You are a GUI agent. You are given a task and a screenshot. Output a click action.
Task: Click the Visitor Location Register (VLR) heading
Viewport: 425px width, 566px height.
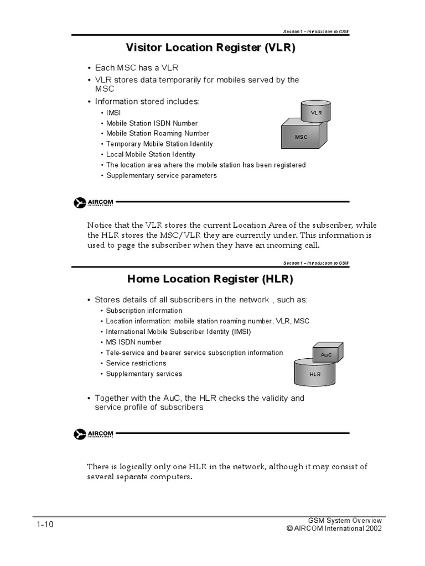(211, 48)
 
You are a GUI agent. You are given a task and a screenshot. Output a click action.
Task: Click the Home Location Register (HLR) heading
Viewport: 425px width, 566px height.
(211, 279)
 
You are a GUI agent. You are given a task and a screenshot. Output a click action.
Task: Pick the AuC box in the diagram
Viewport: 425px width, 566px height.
(326, 354)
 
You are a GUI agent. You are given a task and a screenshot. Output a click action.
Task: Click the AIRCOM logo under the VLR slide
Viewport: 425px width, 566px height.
(94, 203)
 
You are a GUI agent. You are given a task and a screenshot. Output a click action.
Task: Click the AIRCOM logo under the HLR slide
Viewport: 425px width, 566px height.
(94, 434)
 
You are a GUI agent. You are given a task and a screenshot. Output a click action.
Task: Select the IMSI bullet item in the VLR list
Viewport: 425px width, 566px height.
(113, 113)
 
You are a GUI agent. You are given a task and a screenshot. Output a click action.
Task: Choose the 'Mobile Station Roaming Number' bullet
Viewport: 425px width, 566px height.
(158, 134)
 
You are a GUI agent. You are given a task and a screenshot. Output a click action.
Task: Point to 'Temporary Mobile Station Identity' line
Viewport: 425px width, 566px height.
(159, 144)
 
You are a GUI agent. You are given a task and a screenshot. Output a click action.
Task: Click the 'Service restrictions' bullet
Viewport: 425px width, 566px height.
(136, 364)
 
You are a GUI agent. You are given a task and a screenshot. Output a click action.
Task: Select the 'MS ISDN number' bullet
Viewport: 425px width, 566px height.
(134, 343)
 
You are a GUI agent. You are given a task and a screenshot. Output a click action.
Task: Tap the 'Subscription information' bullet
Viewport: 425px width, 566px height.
(144, 311)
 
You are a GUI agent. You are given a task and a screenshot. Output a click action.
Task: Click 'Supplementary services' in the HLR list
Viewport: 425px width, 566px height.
(144, 374)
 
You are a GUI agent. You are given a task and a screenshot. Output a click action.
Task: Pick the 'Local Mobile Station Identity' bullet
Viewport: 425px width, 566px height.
(151, 155)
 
